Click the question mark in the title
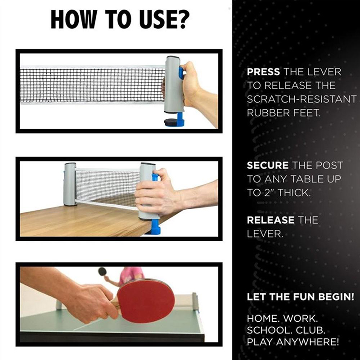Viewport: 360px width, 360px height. (x=183, y=19)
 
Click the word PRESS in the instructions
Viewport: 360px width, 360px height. (x=263, y=72)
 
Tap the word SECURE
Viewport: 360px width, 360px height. (x=268, y=165)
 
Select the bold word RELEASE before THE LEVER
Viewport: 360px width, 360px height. (x=271, y=220)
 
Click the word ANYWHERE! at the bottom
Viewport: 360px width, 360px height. (x=307, y=342)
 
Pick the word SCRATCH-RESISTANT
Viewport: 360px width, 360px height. (x=301, y=99)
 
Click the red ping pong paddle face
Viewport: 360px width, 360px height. (x=146, y=301)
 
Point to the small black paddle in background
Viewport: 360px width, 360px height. (x=102, y=272)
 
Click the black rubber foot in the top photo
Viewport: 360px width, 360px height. (x=171, y=122)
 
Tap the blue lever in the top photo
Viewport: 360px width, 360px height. (x=181, y=73)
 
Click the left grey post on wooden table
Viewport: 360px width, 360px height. (x=70, y=184)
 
